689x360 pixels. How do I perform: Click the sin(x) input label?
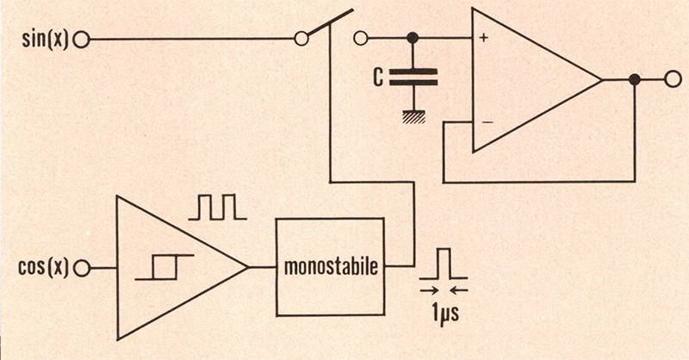[46, 40]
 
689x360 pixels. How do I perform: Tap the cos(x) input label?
[44, 267]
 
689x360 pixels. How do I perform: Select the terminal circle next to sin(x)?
[81, 40]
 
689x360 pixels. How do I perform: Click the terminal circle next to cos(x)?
[82, 268]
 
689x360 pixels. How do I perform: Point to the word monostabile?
[331, 266]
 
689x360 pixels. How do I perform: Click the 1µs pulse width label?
[444, 313]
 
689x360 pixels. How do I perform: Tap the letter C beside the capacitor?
[378, 77]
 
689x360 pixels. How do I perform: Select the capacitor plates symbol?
[413, 77]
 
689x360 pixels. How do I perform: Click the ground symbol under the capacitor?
[413, 117]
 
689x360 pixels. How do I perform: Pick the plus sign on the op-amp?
[484, 38]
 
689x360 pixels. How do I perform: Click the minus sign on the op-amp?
[487, 122]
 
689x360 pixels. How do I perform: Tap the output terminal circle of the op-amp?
[673, 79]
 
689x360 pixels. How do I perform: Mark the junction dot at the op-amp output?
[634, 79]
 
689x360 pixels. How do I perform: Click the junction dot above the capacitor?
[413, 38]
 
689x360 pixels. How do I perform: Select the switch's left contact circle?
[301, 39]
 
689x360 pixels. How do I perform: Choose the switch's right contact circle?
[360, 39]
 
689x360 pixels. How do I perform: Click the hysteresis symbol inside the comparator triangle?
[164, 267]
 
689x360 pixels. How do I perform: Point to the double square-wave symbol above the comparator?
[218, 207]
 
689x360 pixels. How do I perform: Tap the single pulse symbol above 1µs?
[444, 264]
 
